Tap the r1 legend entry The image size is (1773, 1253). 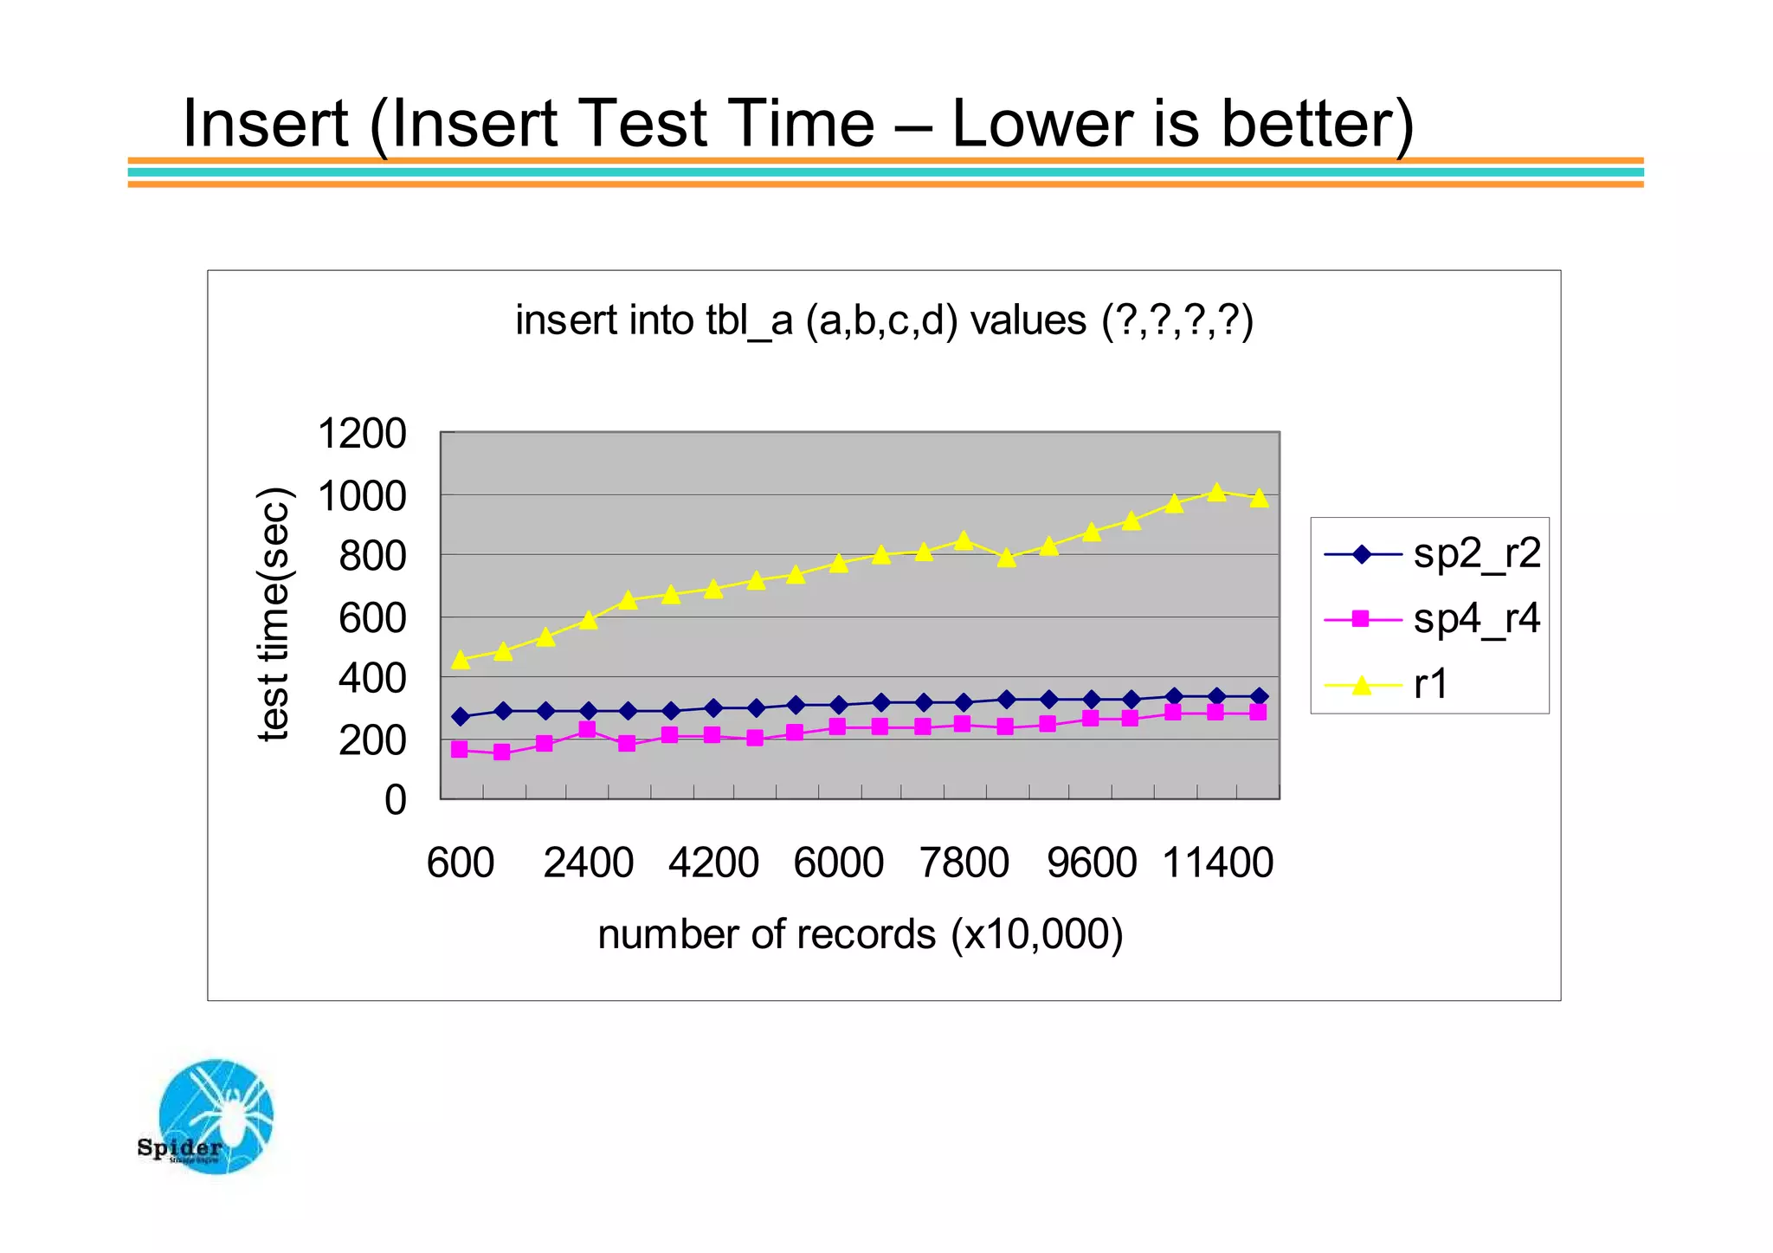[x=1430, y=684]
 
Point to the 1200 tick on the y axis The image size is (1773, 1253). [x=361, y=433]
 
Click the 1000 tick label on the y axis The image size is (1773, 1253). [x=361, y=497]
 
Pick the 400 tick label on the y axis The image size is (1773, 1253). [x=371, y=679]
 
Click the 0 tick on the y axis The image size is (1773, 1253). [x=395, y=800]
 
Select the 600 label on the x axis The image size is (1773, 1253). [x=461, y=863]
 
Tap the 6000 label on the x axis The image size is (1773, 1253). [x=838, y=863]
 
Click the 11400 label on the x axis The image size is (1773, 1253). [x=1217, y=863]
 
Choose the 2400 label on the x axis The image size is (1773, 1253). [x=588, y=863]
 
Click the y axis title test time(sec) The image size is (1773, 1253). [x=274, y=615]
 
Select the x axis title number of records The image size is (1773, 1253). [x=860, y=934]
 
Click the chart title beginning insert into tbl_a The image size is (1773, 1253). [x=884, y=320]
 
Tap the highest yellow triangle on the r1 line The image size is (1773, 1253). [x=1216, y=492]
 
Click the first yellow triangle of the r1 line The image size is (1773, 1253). [x=461, y=660]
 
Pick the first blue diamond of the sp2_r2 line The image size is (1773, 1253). [x=461, y=717]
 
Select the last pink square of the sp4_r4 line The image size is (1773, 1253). [x=1258, y=712]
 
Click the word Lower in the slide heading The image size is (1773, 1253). [x=1043, y=123]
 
